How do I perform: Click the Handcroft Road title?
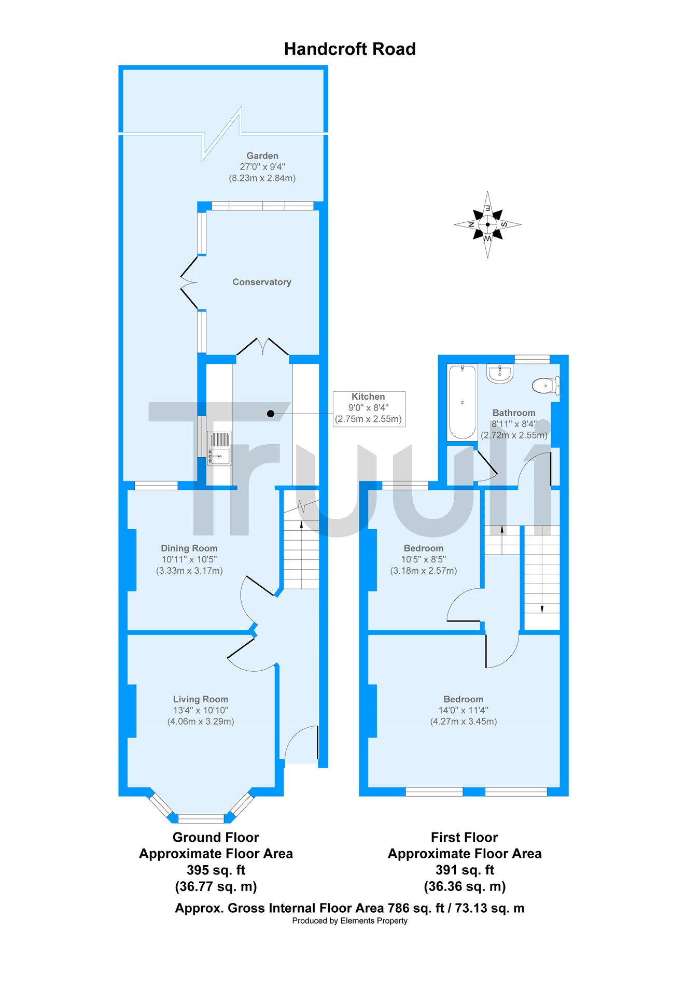pos(349,49)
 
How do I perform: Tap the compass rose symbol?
pos(487,224)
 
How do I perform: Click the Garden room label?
pos(262,155)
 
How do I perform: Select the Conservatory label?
pos(262,282)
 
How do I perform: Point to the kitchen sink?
pos(219,448)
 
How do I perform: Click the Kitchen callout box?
pos(369,408)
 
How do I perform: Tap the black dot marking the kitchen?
pos(271,414)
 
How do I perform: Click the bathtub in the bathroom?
pos(462,402)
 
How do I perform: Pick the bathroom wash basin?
pos(500,373)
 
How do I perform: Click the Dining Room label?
pos(189,548)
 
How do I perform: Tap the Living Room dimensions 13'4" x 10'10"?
pos(201,710)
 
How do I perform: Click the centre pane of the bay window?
pos(201,819)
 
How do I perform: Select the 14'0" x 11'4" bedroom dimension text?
pos(464,710)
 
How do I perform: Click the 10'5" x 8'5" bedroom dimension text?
pos(424,559)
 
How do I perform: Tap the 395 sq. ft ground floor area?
pos(216,870)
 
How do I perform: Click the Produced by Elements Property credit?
pos(350,921)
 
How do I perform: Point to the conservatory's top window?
pos(262,206)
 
